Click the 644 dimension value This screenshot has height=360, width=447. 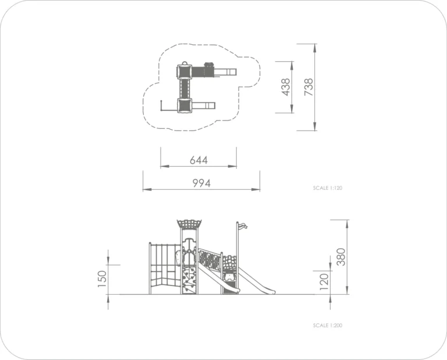[x=198, y=160]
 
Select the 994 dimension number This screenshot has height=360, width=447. [x=201, y=183]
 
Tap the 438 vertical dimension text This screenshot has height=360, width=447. [x=285, y=87]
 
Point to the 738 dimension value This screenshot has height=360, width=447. [x=308, y=87]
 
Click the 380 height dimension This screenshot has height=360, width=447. [x=340, y=257]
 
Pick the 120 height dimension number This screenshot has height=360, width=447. [x=324, y=282]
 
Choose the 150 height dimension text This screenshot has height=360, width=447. [x=102, y=278]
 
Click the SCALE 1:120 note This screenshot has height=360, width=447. [x=328, y=188]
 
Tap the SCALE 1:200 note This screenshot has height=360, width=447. [x=328, y=325]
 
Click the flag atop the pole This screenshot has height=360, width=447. [x=243, y=226]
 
